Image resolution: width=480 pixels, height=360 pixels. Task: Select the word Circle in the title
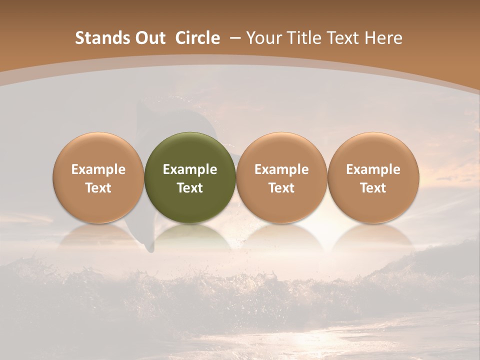(x=197, y=38)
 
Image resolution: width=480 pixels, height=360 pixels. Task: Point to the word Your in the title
(x=262, y=38)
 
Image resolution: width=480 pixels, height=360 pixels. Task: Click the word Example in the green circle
(x=190, y=169)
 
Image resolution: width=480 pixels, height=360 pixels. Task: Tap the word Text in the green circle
(x=190, y=188)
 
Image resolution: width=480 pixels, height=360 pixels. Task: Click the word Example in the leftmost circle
(x=98, y=169)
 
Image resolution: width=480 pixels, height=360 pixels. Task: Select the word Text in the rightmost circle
(x=373, y=188)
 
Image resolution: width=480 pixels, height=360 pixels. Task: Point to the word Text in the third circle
(x=281, y=188)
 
